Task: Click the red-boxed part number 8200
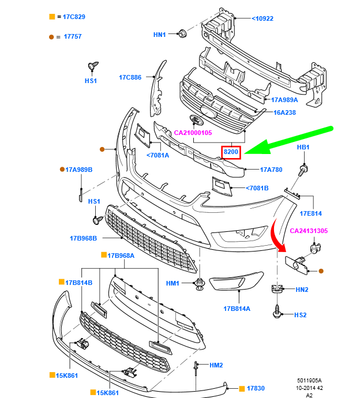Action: point(231,152)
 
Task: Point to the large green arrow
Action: point(288,141)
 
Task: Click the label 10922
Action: point(262,18)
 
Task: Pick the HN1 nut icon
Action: point(182,33)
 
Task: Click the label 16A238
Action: point(284,113)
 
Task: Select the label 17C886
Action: point(130,77)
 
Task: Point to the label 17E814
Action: point(310,213)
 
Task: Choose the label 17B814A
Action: point(237,309)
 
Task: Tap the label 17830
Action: point(256,388)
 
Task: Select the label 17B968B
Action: point(84,238)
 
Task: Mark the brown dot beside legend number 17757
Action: point(51,36)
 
